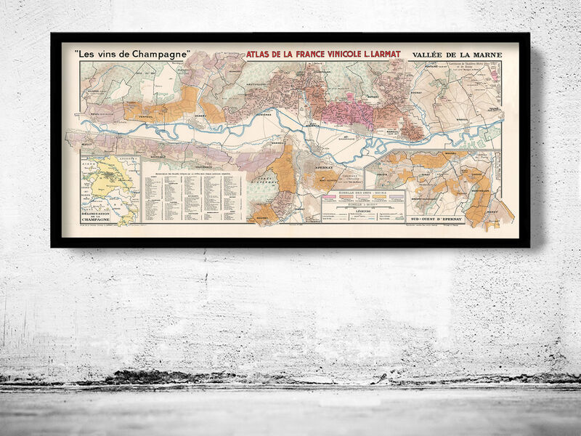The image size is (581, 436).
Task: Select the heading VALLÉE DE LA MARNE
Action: (x=456, y=54)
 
